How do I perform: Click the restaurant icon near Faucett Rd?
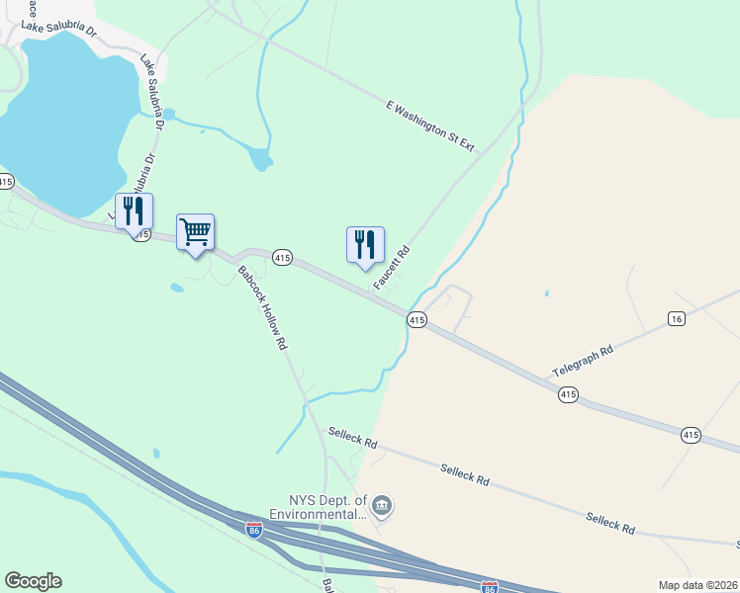[364, 243]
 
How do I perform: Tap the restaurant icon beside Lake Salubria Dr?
[134, 211]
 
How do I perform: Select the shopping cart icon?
[195, 232]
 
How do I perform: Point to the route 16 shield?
[676, 318]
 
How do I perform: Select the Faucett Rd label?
[391, 268]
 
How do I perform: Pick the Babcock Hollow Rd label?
[262, 307]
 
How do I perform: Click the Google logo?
[33, 581]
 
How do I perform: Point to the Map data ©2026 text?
[697, 585]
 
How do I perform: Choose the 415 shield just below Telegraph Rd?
[567, 394]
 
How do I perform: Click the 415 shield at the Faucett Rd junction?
[416, 320]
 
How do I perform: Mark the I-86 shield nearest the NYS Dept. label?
[255, 530]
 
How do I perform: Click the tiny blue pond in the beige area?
[546, 294]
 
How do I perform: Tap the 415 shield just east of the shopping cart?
[282, 258]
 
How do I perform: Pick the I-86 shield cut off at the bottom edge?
[489, 587]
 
